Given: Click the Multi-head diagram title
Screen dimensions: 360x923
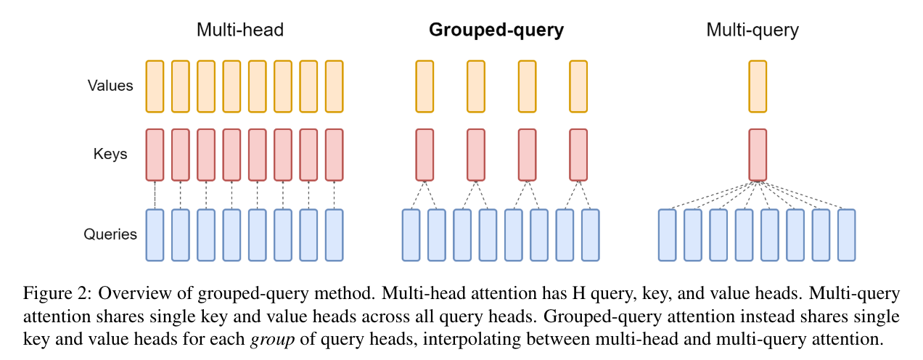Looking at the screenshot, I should (x=239, y=30).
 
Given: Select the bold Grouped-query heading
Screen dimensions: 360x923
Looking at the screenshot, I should (x=496, y=30).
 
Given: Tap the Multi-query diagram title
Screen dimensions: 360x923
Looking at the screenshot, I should (x=752, y=30).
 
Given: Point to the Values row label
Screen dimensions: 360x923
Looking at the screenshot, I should (x=110, y=86).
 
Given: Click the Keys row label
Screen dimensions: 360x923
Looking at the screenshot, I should (x=110, y=154).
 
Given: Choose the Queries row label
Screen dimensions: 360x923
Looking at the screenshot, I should (x=110, y=234).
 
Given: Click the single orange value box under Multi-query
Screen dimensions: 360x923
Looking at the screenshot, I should (x=757, y=86).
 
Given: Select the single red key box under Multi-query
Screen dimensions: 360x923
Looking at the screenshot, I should (x=757, y=155).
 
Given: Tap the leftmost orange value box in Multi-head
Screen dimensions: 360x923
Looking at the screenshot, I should (x=155, y=86).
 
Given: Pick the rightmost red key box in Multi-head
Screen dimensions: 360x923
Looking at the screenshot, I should (x=334, y=155).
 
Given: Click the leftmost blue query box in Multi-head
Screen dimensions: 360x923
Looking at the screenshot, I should (x=155, y=235).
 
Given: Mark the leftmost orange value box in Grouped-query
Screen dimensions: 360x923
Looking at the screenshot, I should (x=424, y=86).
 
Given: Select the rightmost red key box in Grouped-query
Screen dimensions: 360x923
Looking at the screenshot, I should (x=578, y=155).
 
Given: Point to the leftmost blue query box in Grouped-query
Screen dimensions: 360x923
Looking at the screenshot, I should (x=411, y=235).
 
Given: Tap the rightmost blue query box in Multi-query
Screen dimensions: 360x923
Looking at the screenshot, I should (x=846, y=235).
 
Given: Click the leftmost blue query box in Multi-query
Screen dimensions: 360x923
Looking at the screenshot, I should (x=668, y=235).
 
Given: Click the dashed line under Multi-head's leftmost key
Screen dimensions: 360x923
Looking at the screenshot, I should (x=155, y=195).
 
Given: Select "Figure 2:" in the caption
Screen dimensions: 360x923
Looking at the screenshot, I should (x=57, y=294).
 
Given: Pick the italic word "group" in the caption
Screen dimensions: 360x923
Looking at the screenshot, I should (x=266, y=337).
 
